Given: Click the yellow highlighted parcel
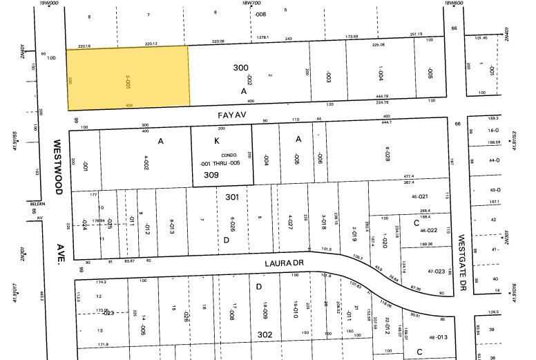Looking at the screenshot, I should tap(128, 77).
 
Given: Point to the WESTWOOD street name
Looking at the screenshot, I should tap(58, 166).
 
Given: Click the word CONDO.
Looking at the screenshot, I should tap(229, 155).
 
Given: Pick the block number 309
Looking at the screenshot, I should tap(211, 176).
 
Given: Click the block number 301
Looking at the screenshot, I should tap(233, 196).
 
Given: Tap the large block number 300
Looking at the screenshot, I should tap(240, 68).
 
